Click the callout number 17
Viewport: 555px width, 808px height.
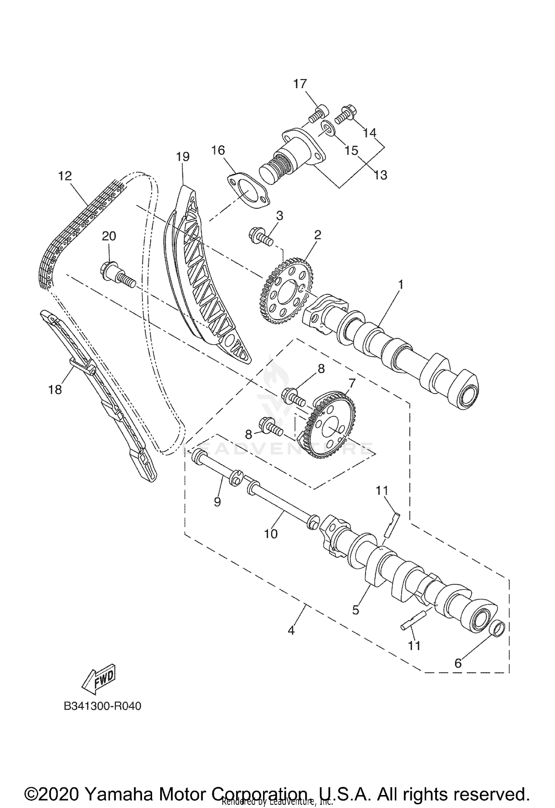click(x=300, y=84)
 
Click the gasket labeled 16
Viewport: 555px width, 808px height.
click(x=248, y=190)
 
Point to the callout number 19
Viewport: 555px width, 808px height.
click(x=183, y=156)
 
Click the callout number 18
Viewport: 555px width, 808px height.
click(x=55, y=389)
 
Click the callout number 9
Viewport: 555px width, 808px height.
click(x=217, y=501)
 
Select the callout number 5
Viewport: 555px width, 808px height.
click(x=356, y=610)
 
